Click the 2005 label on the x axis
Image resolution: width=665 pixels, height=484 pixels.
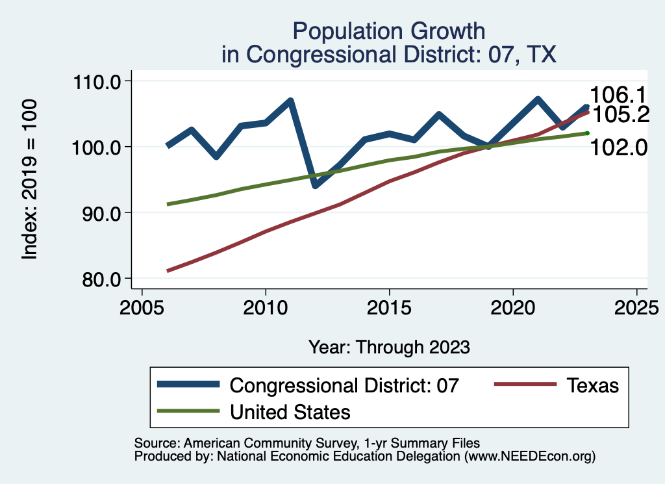[142, 306]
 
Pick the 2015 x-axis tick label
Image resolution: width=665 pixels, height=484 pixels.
[389, 306]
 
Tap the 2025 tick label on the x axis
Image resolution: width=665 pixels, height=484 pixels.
[636, 306]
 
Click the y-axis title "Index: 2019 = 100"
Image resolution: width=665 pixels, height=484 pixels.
[30, 180]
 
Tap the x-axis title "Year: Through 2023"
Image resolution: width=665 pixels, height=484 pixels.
[388, 347]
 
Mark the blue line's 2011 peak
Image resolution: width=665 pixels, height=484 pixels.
[290, 101]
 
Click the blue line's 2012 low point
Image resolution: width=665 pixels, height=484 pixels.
[315, 186]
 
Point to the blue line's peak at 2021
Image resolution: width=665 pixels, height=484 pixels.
[538, 99]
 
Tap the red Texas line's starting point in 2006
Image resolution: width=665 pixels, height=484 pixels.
[168, 271]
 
